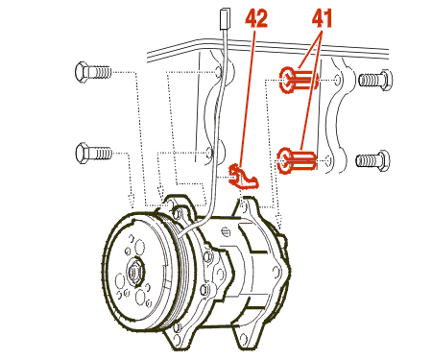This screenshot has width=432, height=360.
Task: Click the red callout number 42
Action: pyautogui.click(x=256, y=18)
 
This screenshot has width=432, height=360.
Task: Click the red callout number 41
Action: pyautogui.click(x=323, y=18)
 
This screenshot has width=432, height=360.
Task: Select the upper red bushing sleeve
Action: pyautogui.click(x=299, y=80)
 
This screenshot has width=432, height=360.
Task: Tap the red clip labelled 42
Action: pyautogui.click(x=242, y=177)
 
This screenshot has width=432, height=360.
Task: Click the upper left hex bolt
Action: pyautogui.click(x=93, y=72)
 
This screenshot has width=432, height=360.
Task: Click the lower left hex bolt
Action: pyautogui.click(x=94, y=153)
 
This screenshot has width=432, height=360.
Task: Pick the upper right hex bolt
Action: pyautogui.click(x=375, y=80)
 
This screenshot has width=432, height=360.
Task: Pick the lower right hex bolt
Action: pyautogui.click(x=372, y=160)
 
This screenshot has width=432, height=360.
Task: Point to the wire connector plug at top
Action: pyautogui.click(x=224, y=19)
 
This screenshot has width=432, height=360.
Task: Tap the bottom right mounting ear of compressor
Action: pyautogui.click(x=245, y=338)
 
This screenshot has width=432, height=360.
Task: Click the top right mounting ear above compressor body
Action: pyautogui.click(x=246, y=206)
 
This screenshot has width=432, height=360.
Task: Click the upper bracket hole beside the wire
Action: pyautogui.click(x=217, y=72)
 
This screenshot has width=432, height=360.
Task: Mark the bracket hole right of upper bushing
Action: pyautogui.click(x=338, y=80)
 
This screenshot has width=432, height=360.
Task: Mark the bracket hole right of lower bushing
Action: pyautogui.click(x=328, y=160)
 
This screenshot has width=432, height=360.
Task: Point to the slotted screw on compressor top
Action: pyautogui.click(x=226, y=231)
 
